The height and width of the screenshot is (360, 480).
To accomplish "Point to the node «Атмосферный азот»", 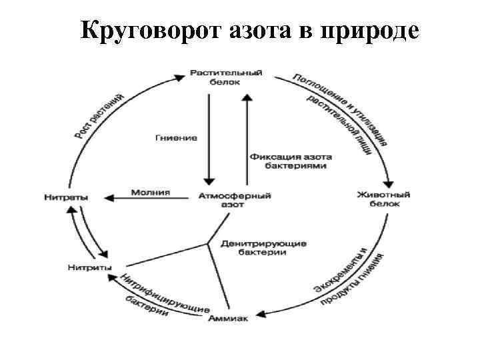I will pyautogui.click(x=227, y=200).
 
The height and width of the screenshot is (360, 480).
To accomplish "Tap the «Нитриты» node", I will pyautogui.click(x=89, y=268).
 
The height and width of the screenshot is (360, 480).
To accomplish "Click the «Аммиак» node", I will pyautogui.click(x=229, y=319).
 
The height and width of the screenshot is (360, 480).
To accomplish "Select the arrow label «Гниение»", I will pyautogui.click(x=177, y=137).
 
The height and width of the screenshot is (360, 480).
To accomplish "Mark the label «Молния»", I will pyautogui.click(x=150, y=193).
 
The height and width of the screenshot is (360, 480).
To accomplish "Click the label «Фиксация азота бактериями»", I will pyautogui.click(x=291, y=161).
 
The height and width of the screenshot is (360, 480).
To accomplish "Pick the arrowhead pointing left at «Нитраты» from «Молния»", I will pyautogui.click(x=111, y=197).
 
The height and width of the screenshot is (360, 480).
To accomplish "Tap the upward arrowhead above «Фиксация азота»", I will pyautogui.click(x=247, y=97).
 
